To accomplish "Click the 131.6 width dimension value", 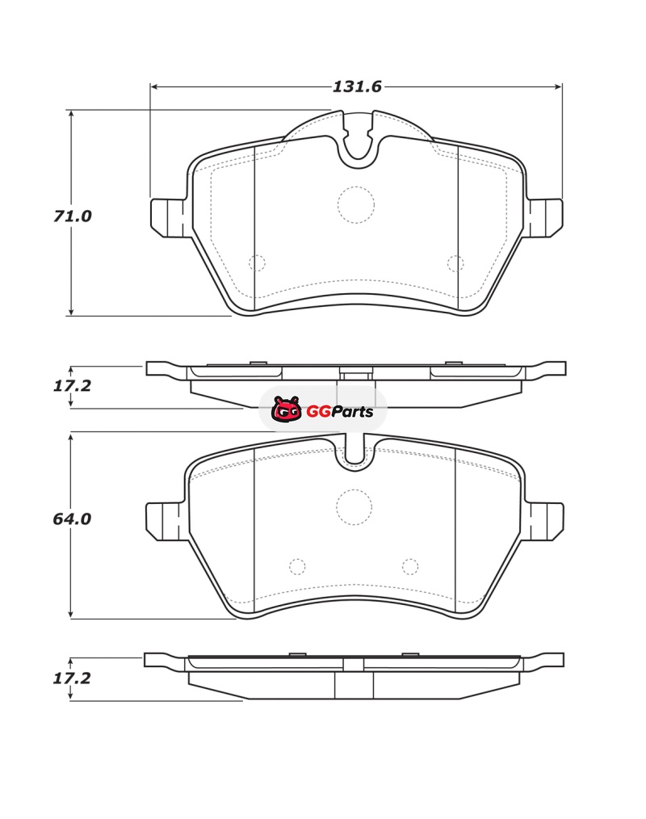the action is click(357, 86).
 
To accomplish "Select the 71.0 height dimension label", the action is click(72, 216).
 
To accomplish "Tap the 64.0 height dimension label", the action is click(72, 519).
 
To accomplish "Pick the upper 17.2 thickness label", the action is click(72, 385).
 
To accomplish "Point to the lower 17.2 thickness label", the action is click(72, 678).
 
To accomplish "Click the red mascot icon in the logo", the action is click(286, 409).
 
